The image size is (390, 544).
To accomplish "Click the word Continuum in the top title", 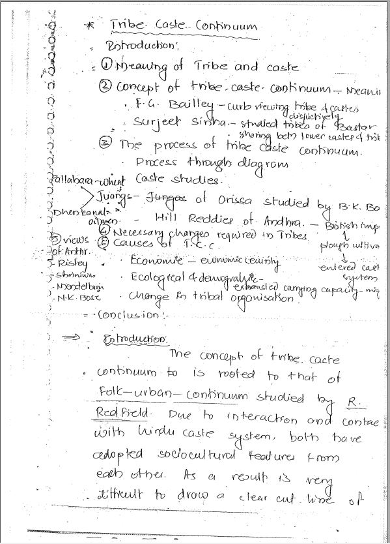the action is point(226,26).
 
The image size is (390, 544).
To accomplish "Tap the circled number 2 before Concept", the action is point(105,87).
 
